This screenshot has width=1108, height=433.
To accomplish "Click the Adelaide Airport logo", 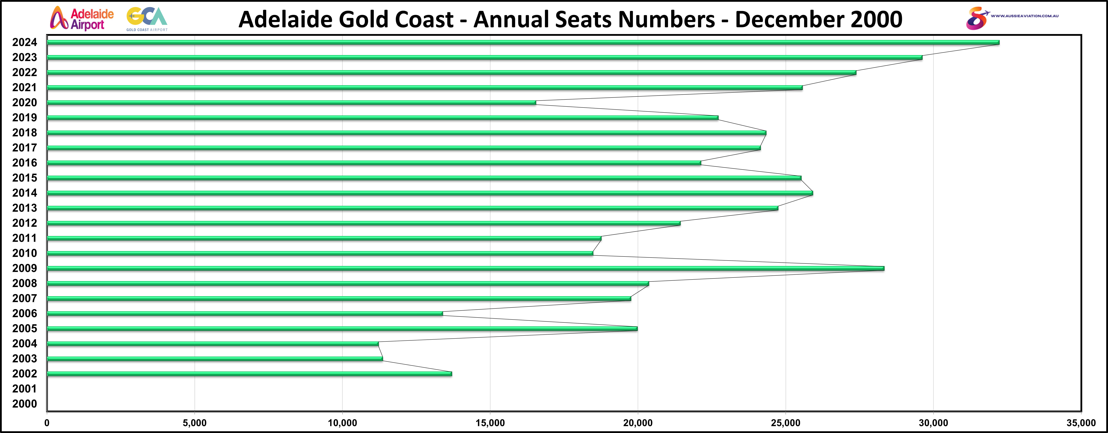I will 82,18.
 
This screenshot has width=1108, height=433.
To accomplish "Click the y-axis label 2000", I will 25,404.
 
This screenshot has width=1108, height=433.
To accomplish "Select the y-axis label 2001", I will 25,389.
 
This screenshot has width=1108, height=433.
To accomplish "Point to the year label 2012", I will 25,223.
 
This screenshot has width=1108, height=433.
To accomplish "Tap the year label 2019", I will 25,118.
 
